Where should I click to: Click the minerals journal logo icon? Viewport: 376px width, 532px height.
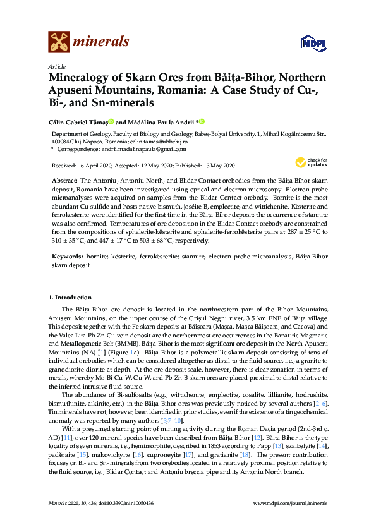coord(59,42)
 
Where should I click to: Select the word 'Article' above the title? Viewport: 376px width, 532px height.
coord(56,67)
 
